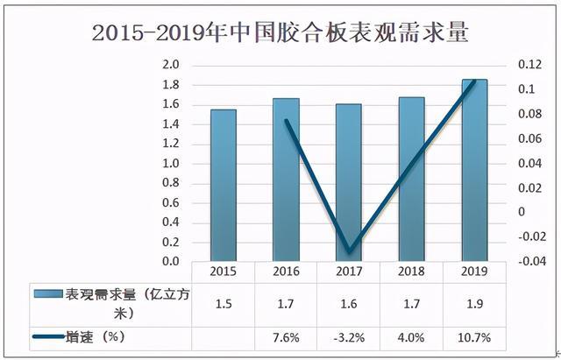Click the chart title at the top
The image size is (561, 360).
pos(280,34)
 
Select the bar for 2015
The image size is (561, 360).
pos(222,185)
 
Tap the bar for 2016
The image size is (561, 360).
pos(286,180)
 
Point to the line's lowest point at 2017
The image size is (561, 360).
pos(349,251)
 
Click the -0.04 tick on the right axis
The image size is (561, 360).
pos(525,261)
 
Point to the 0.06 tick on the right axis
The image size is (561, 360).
pos(525,138)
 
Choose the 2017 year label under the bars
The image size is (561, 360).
pos(349,272)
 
